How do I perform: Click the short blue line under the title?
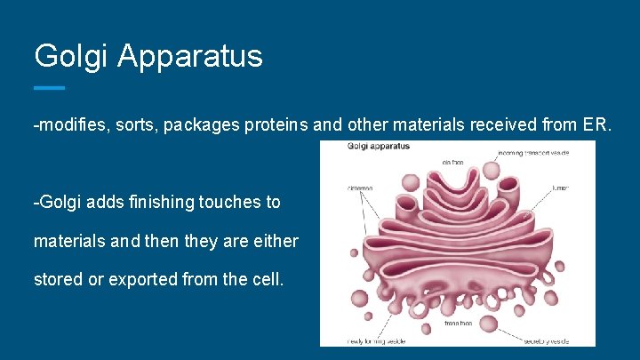tap(50, 88)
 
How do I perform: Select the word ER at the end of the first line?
tap(596, 126)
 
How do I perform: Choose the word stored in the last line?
tap(57, 279)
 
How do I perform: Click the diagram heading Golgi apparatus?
tap(379, 147)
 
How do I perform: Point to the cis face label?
tap(454, 162)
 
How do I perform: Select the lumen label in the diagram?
tap(560, 188)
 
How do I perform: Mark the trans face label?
tap(458, 324)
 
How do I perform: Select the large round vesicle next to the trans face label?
tap(490, 322)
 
